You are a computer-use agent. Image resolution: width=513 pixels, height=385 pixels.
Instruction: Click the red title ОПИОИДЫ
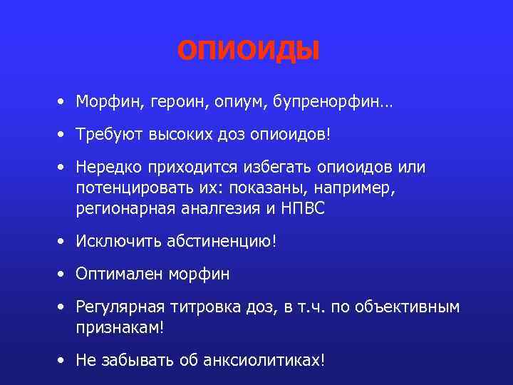coord(249,51)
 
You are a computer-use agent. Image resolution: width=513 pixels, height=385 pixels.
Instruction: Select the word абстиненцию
coord(220,242)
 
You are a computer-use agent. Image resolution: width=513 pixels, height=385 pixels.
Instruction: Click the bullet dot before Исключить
coord(63,242)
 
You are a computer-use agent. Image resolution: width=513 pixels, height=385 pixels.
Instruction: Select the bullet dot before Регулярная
coord(63,307)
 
